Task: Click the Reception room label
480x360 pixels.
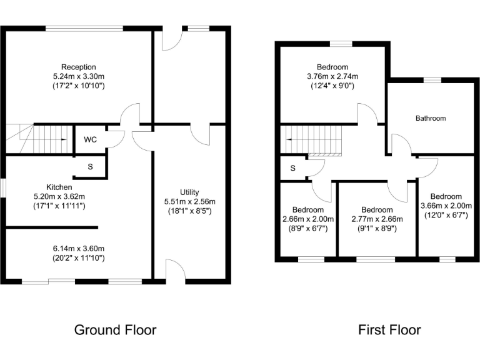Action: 78,67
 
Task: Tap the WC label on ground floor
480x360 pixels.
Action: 91,139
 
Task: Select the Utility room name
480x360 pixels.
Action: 189,191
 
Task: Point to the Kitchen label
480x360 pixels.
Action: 59,187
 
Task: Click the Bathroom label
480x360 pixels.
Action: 431,118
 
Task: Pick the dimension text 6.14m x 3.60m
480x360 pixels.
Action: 78,248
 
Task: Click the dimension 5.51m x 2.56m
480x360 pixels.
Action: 189,201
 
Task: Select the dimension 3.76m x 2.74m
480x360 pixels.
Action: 332,76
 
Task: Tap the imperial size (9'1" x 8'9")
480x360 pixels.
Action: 377,229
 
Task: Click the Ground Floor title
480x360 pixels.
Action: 115,329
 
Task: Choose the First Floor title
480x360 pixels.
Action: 389,329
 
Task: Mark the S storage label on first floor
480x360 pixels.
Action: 292,168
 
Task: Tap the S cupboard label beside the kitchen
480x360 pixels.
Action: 90,167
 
